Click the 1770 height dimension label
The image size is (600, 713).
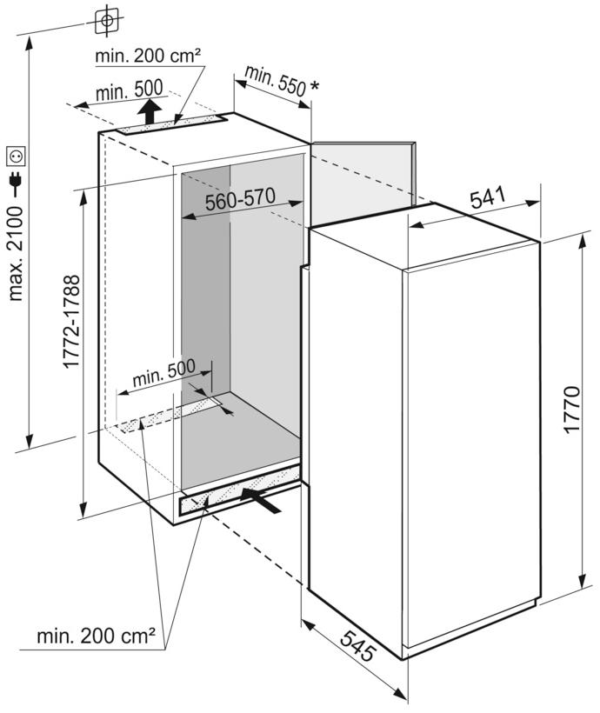coord(572,410)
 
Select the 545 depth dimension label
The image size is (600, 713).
coord(358,646)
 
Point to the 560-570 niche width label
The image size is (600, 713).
coord(240,199)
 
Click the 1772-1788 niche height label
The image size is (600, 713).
coord(72,322)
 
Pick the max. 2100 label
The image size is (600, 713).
coord(16,253)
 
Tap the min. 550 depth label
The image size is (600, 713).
coord(275,81)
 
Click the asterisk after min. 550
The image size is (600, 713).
coord(314,85)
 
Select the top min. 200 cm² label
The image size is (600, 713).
coord(148,56)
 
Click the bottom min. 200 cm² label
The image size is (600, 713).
coord(96,636)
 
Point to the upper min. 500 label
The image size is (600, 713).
coord(130,90)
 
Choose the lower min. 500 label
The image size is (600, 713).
coord(163,373)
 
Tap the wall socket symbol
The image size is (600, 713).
coord(16,157)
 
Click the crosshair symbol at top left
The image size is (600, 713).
coord(107,21)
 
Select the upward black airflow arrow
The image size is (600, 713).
coord(150,111)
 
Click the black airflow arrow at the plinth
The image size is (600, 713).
coord(261,500)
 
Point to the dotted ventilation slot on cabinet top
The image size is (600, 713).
coord(172,124)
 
